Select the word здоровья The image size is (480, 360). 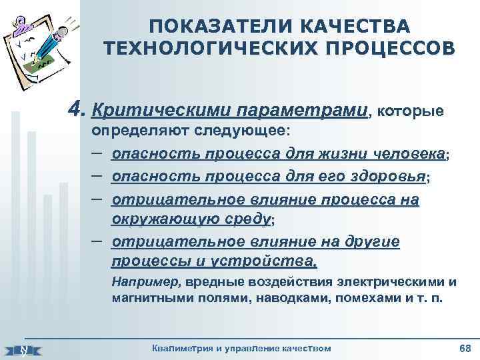(387, 177)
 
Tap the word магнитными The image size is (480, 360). (146, 299)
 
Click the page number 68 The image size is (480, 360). (465, 347)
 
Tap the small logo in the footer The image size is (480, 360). (23, 349)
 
